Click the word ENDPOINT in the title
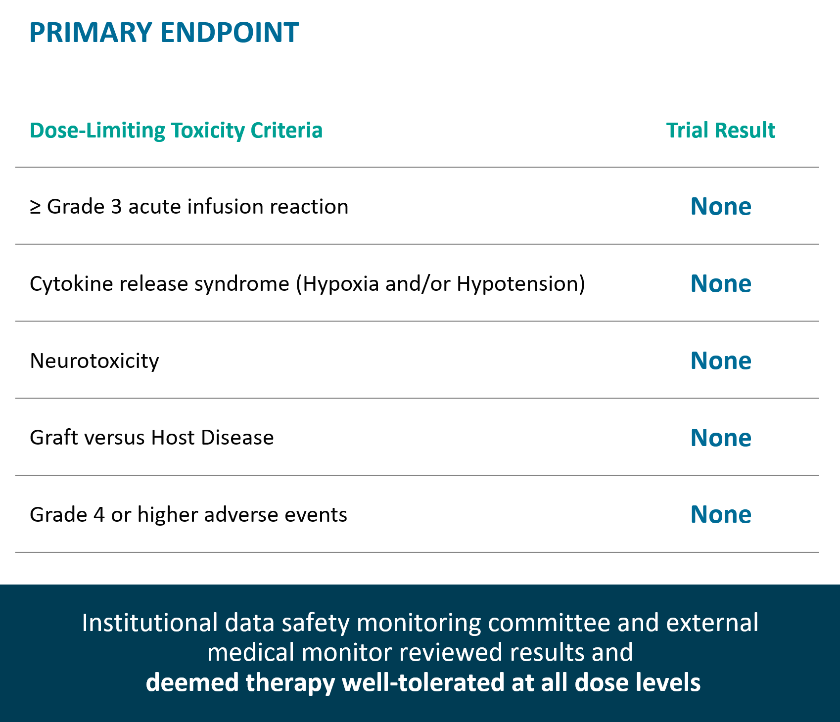[230, 33]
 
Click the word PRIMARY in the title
[91, 33]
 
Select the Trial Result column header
[721, 130]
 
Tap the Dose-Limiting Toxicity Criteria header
[176, 131]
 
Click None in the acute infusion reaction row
[721, 206]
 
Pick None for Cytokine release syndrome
[721, 283]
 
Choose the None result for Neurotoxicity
[721, 361]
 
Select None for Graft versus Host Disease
[721, 438]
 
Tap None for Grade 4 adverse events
[721, 514]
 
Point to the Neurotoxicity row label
[94, 361]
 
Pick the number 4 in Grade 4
[99, 515]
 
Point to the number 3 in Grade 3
[116, 207]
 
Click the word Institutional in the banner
[150, 623]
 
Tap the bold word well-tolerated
[423, 682]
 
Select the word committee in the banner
[549, 623]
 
